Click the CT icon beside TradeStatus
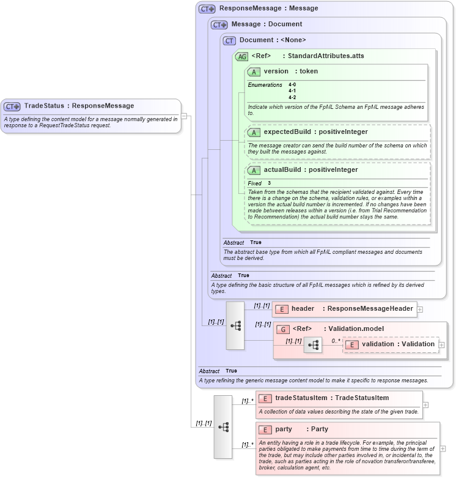click(13, 106)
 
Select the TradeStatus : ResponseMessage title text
click(79, 106)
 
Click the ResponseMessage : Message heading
click(260, 9)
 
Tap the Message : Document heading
click(267, 24)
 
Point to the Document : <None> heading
click(272, 40)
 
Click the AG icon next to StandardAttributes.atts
click(242, 56)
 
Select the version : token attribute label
click(290, 72)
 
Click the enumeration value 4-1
click(292, 91)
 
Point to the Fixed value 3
click(269, 184)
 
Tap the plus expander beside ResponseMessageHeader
click(420, 310)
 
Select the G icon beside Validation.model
click(282, 329)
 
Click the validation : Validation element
click(398, 344)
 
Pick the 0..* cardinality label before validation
click(335, 341)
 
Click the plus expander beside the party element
click(443, 448)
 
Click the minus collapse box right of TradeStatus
click(184, 116)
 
